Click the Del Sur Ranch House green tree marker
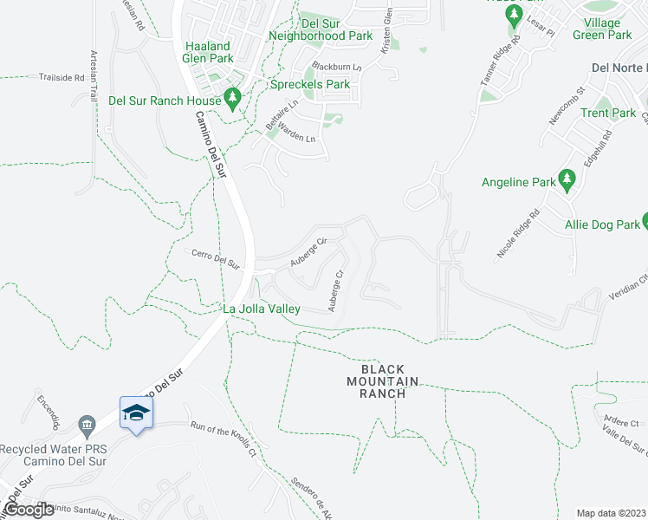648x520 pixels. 232,100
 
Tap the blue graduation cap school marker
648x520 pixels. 136,412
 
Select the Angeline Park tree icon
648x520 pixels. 567,181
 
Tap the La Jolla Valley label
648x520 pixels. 262,309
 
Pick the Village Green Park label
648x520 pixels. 608,29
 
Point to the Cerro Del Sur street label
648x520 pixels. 216,259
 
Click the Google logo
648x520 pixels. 29,510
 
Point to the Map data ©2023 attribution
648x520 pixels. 612,513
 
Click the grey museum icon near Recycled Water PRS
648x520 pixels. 86,424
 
